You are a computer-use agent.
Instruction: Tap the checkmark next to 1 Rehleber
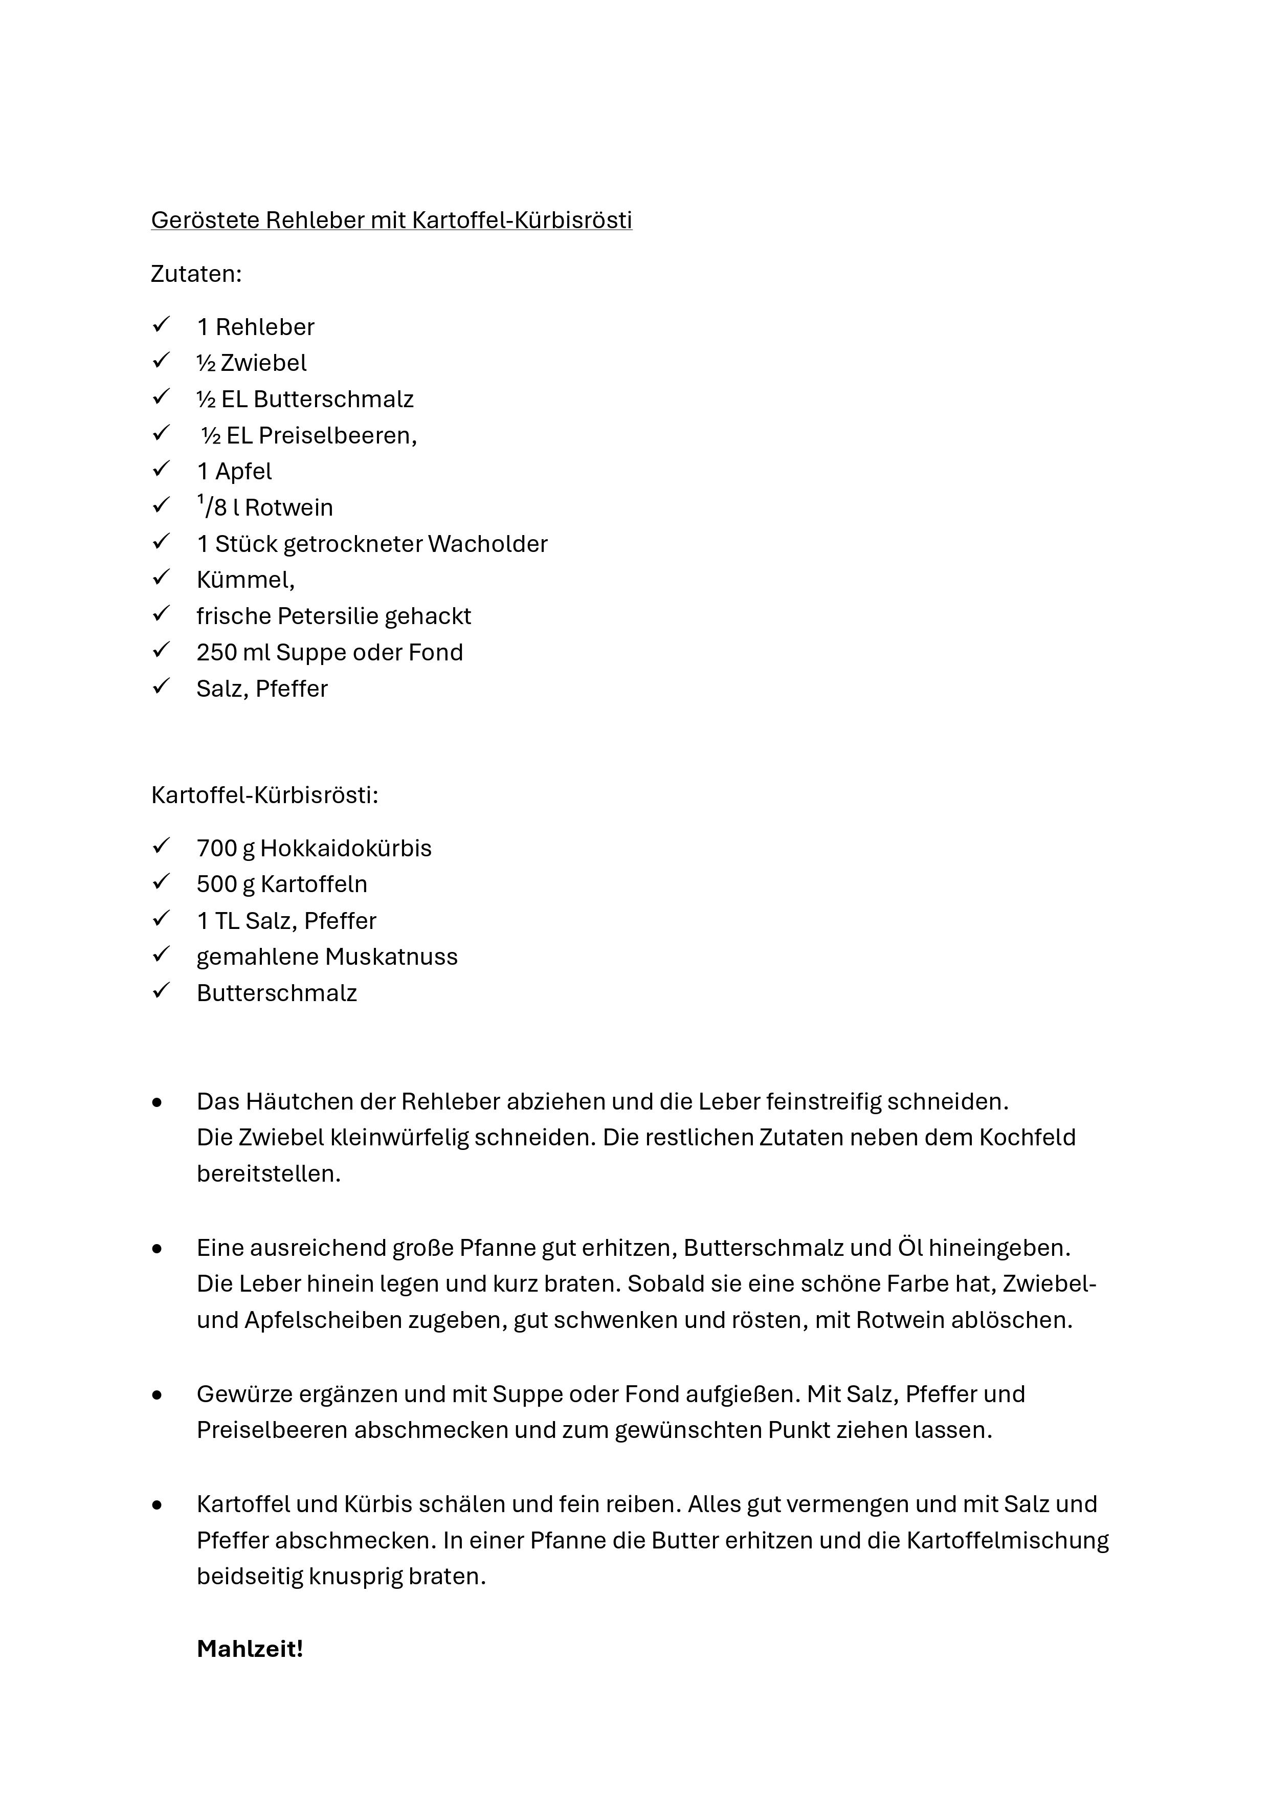[x=161, y=324]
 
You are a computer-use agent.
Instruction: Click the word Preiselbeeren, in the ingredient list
[x=338, y=435]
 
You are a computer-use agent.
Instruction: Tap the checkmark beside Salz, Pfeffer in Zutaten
[x=161, y=686]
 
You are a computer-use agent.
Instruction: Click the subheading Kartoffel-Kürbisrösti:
[x=264, y=795]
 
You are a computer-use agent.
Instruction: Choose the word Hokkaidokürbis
[x=346, y=848]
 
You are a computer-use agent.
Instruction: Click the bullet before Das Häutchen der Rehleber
[x=158, y=1103]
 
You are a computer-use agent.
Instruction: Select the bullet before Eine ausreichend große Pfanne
[x=158, y=1249]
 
